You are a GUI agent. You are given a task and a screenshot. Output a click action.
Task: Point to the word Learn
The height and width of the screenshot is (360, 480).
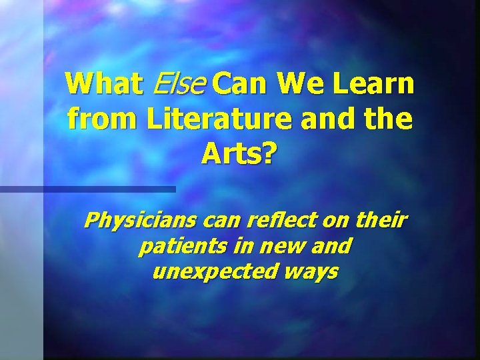(x=373, y=85)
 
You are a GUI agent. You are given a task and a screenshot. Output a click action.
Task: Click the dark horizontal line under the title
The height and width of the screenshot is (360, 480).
(x=87, y=189)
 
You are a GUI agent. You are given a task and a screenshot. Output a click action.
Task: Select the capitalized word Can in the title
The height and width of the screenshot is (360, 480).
(x=242, y=85)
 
